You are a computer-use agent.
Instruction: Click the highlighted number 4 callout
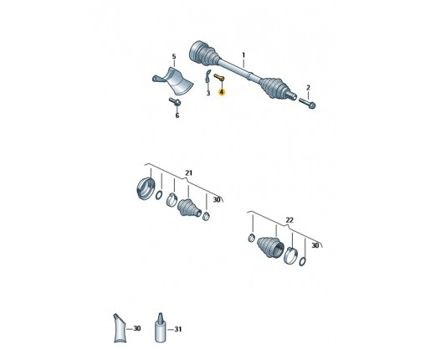point(222,92)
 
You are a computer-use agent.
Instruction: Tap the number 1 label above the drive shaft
point(243,55)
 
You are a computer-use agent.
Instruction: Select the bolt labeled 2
point(307,103)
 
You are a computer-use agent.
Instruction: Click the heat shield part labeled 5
point(173,80)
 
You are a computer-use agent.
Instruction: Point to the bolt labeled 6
point(175,101)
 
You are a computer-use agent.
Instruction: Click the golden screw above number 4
point(219,77)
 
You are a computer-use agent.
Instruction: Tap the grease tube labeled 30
point(120,328)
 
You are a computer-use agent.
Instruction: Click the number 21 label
point(189,173)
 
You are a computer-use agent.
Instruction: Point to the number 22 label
point(289,220)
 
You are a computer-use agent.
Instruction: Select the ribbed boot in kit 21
point(189,208)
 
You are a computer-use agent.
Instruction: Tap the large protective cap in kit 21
point(146,189)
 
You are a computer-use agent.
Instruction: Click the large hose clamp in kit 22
point(290,255)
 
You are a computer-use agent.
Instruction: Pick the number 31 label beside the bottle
point(178,329)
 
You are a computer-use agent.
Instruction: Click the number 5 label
point(174,57)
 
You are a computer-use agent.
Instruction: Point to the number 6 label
point(177,116)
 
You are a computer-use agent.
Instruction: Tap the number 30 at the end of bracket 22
point(315,245)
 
